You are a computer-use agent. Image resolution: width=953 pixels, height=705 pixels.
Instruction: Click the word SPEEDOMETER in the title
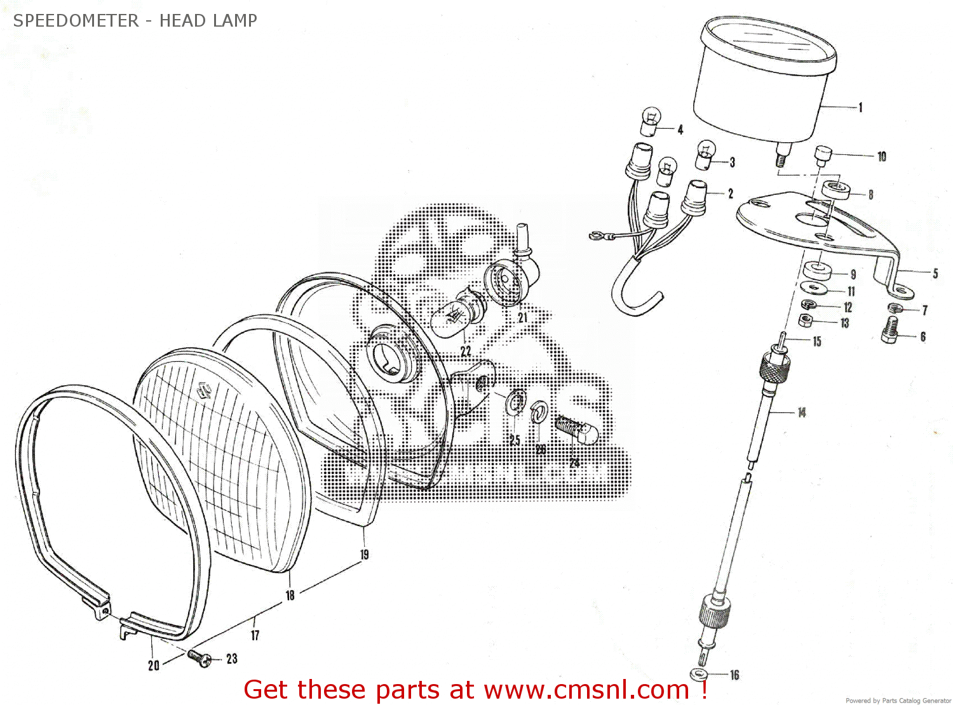tap(76, 20)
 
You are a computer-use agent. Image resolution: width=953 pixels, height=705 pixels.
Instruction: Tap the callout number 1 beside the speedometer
tap(860, 107)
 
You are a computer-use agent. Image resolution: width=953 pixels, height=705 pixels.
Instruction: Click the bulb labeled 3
tap(705, 155)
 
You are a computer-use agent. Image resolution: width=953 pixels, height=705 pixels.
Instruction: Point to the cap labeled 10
tap(823, 155)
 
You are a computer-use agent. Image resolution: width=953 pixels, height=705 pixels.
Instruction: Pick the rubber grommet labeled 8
tap(835, 189)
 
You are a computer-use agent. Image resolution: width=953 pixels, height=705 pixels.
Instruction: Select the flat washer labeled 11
tap(814, 288)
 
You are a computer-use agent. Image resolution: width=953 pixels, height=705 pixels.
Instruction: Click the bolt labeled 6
tap(891, 331)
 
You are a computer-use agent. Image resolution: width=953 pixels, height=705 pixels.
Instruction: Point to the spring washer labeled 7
tap(895, 308)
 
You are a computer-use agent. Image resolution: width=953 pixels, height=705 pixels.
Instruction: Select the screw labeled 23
tap(201, 659)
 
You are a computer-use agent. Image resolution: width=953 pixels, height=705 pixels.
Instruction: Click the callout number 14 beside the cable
tap(801, 412)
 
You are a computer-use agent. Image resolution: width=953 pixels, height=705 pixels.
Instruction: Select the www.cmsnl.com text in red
tap(586, 690)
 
